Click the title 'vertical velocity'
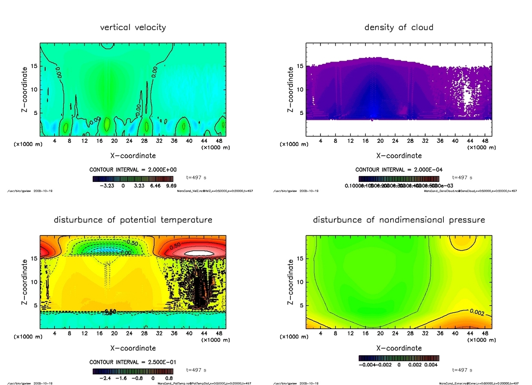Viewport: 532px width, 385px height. tap(133, 27)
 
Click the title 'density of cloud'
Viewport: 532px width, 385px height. tap(399, 27)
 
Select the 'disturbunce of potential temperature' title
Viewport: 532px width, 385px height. tap(133, 220)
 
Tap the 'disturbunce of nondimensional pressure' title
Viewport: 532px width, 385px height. tap(399, 220)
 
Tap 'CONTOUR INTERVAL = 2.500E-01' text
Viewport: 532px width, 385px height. tap(133, 362)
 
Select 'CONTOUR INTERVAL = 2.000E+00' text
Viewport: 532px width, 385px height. tap(133, 169)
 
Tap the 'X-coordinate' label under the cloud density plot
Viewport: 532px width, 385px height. tap(399, 156)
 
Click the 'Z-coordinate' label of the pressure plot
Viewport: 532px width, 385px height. tap(290, 282)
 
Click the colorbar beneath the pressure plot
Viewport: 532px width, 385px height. tap(399, 357)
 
